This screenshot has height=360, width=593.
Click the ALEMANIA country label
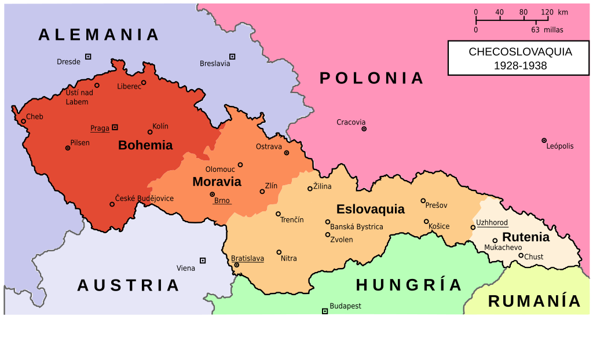point(99,35)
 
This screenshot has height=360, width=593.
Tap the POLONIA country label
point(372,78)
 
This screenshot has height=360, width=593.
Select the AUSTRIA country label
point(129,285)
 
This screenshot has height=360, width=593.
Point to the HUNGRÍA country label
point(409,285)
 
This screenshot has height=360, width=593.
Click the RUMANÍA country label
point(535,302)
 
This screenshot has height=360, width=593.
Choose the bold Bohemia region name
point(145,145)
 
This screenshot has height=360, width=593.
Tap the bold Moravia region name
point(217,182)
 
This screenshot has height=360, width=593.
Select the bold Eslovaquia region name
point(371,210)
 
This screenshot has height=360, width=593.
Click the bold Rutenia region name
point(526,237)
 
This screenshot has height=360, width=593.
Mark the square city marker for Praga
point(115,127)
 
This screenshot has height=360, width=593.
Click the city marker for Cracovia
point(364,128)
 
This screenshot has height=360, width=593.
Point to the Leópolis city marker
point(544,141)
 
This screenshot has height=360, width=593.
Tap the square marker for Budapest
point(325,311)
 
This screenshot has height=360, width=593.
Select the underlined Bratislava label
point(247,258)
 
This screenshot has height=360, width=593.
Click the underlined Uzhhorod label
point(492,223)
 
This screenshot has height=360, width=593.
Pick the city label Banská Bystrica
point(356,227)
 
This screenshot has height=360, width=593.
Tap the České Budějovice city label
point(144,199)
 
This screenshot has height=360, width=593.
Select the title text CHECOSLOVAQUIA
point(520,52)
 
